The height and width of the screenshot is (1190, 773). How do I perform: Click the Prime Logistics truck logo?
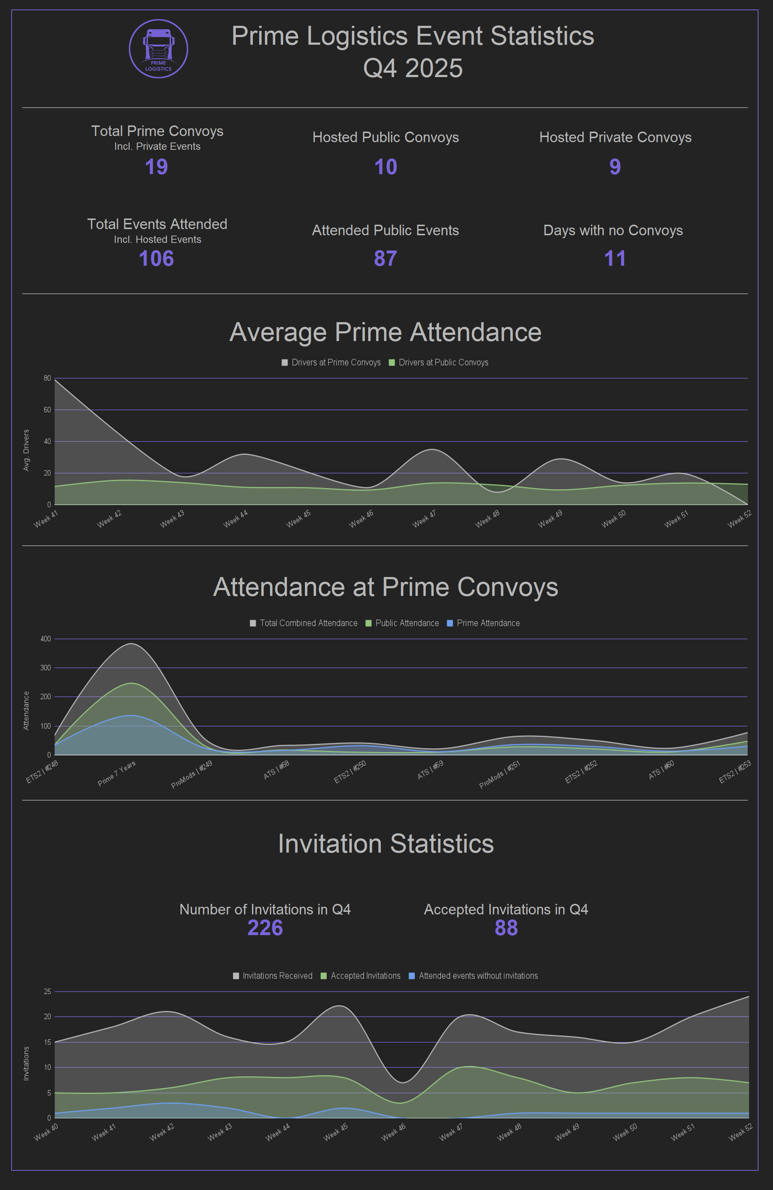coord(159,48)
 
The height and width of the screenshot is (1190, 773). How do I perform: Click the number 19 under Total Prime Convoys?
coord(156,167)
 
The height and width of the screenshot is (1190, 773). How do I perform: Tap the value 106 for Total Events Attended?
coord(156,259)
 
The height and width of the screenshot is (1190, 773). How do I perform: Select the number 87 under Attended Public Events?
coord(385,259)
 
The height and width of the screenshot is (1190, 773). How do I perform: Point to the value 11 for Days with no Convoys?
coord(614,259)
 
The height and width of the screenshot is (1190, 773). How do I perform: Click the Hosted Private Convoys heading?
coord(615,137)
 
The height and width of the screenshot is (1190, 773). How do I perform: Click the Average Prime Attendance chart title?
coord(385,332)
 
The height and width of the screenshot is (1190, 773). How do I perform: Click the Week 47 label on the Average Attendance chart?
coord(424,519)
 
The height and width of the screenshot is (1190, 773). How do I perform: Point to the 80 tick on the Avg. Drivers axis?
coord(47,378)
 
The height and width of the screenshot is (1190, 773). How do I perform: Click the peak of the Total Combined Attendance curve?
coord(131,644)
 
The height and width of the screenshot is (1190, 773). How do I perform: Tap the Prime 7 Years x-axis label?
coord(116,773)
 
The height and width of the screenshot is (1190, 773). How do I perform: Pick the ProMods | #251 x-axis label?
coord(500,774)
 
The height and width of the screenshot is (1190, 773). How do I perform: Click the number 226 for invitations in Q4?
coord(265,927)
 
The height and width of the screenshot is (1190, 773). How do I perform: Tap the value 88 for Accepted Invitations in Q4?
coord(506,927)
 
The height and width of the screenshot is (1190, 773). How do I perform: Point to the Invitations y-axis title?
coord(26,1063)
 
